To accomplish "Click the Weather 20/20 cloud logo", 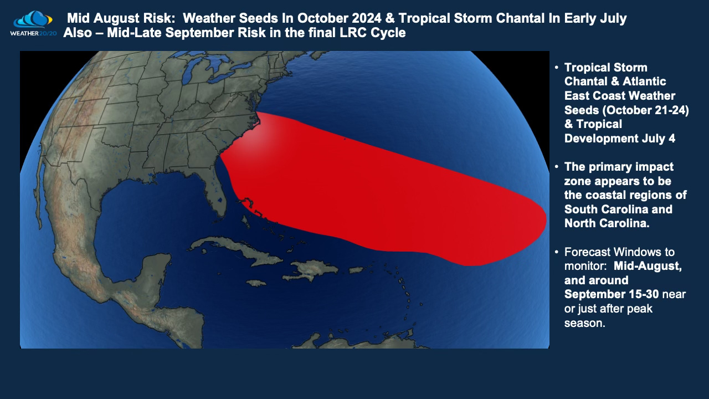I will pyautogui.click(x=33, y=21).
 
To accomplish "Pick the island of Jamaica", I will pyautogui.click(x=254, y=283).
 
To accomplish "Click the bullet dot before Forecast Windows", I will pyautogui.click(x=557, y=253).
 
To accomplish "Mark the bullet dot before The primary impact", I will pyautogui.click(x=557, y=167).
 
